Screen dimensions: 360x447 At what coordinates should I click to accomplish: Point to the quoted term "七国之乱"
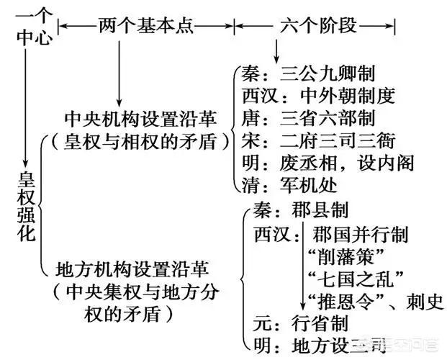(354, 277)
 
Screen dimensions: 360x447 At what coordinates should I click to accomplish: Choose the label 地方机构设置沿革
(132, 270)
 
